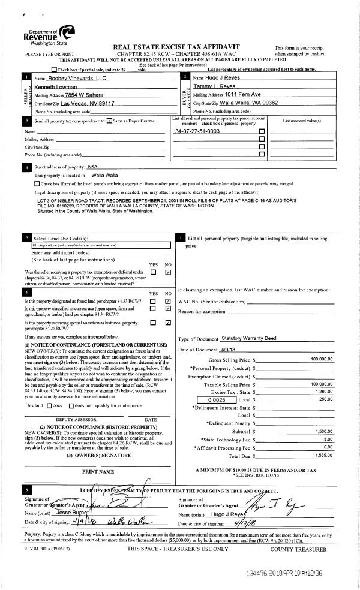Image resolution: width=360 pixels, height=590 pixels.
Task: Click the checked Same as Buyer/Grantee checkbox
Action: click(x=109, y=121)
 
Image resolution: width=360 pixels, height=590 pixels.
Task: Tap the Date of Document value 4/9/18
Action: click(x=222, y=350)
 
